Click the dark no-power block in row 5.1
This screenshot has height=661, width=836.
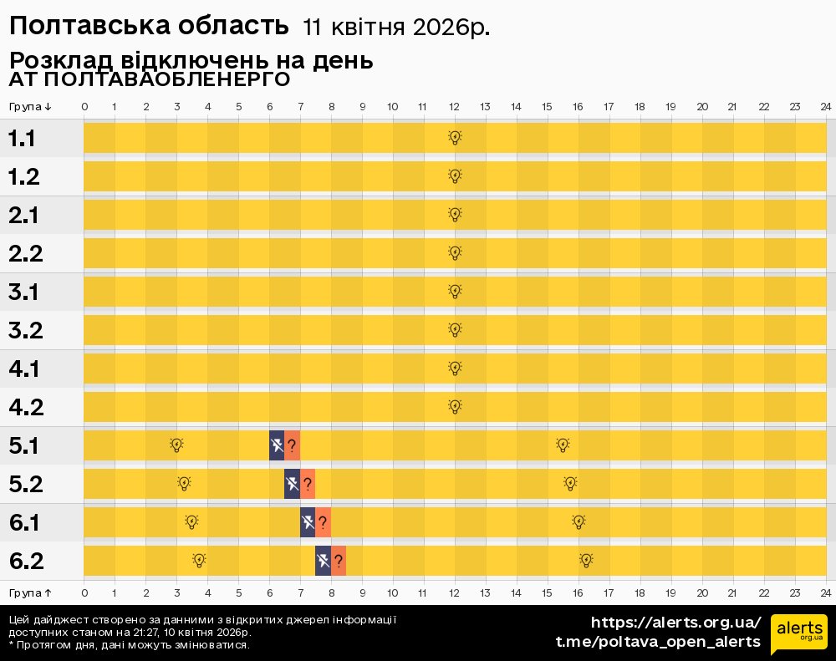click(277, 445)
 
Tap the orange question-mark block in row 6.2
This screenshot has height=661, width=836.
click(339, 561)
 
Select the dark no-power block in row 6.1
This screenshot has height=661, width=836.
click(308, 522)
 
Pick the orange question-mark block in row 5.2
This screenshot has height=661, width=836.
click(308, 484)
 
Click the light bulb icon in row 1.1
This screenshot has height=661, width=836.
click(455, 138)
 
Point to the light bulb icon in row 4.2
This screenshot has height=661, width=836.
click(455, 407)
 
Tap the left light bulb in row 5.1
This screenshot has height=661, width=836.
click(176, 445)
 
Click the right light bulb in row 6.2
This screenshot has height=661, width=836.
click(586, 561)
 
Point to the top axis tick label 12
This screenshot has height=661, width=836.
click(454, 107)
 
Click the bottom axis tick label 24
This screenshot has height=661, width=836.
click(825, 592)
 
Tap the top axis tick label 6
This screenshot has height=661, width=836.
click(269, 107)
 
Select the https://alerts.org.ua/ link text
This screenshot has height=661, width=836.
click(675, 623)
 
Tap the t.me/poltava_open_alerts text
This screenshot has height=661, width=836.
click(658, 642)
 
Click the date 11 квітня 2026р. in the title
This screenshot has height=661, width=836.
click(396, 28)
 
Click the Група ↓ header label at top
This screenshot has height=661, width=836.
click(31, 107)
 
